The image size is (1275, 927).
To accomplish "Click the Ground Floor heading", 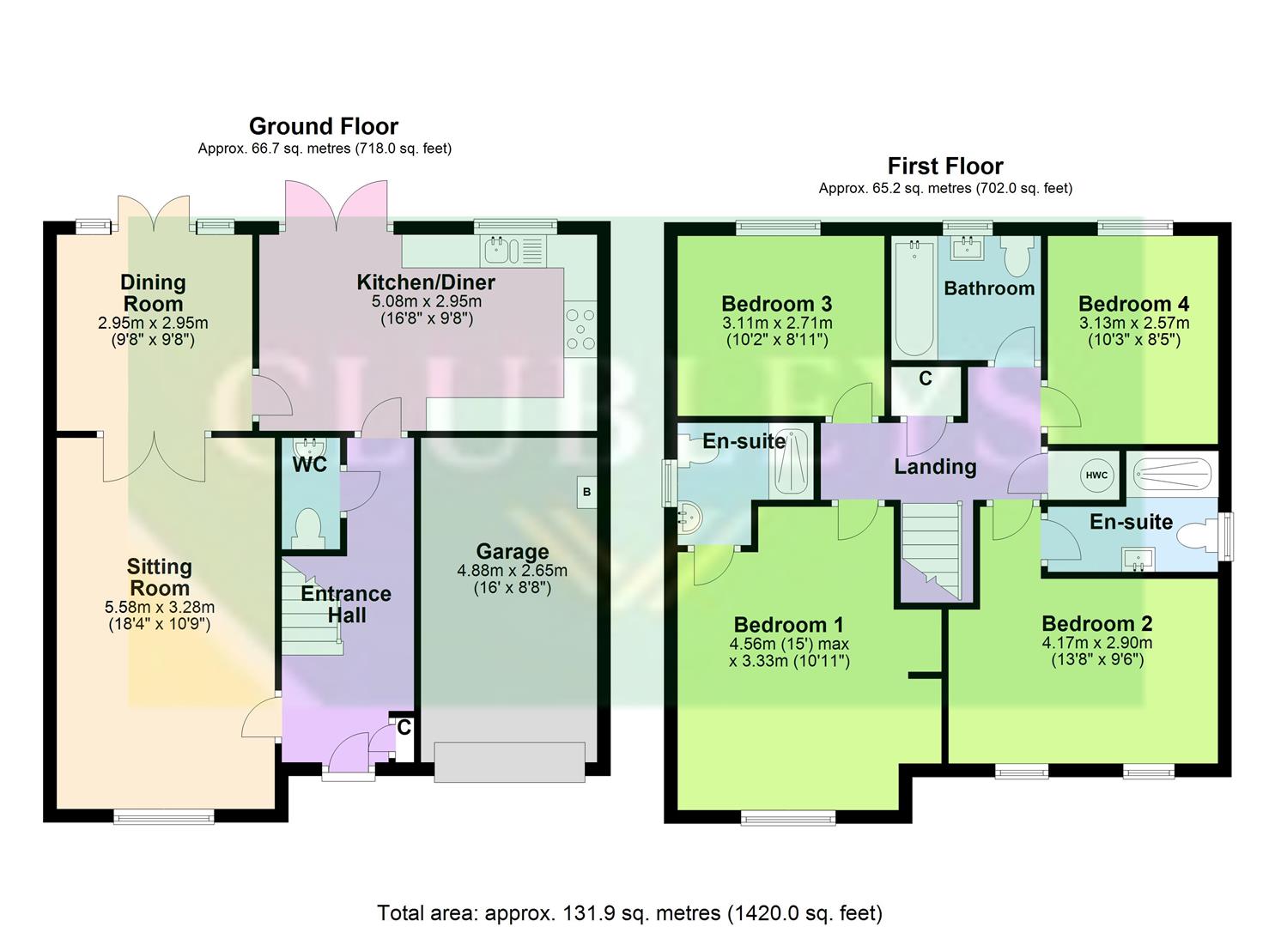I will coord(324,126).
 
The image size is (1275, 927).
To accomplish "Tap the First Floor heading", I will coord(944,166).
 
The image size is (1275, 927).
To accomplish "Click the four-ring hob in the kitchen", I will coord(580,329).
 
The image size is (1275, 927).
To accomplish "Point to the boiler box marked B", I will coord(587,492).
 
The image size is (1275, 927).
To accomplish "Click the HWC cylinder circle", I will coord(1096,475).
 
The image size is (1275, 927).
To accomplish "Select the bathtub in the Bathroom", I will coord(914,297).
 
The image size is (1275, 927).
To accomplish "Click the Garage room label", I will coord(513,552).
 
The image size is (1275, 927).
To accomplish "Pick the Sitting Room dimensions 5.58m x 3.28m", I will coord(160,607).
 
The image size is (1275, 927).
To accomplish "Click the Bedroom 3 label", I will coord(776,304).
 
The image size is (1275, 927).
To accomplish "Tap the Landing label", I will coord(935,467).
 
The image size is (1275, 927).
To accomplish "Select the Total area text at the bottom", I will coord(629,912).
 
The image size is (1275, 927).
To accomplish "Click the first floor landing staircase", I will coord(931,549).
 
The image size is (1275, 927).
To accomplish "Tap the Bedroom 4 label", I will coord(1133,304).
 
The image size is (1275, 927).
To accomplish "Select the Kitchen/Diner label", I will coord(426,282).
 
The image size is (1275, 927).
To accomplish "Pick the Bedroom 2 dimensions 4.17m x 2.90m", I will coord(1097,643).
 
